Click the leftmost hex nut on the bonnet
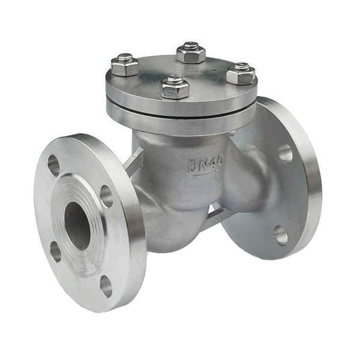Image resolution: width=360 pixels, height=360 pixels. [x=125, y=65]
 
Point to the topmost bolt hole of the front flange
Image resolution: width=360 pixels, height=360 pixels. [x=53, y=165]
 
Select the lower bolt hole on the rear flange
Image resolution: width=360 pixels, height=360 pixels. [x=280, y=235]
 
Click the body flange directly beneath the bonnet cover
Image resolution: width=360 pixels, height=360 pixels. [x=180, y=122]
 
